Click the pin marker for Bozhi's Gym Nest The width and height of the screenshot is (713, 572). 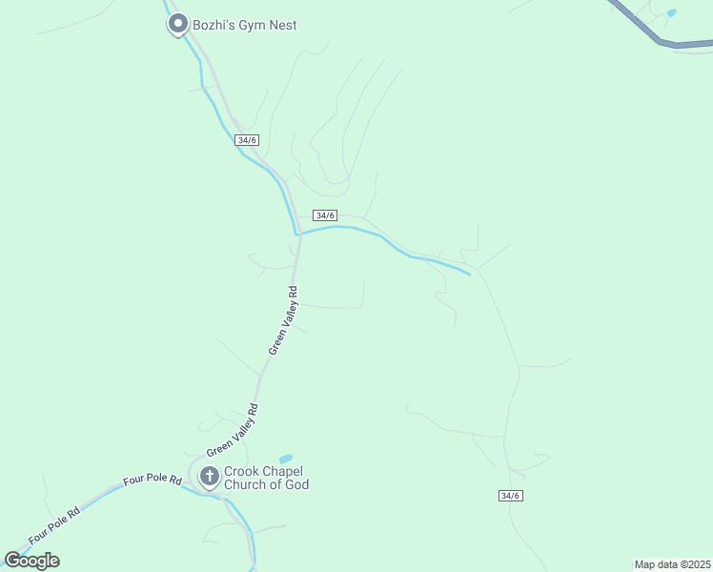pos(176,24)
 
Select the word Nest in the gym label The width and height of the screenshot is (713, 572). pos(281,25)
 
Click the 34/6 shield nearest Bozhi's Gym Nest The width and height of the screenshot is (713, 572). pos(248,139)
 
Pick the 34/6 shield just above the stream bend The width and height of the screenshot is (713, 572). pos(325,215)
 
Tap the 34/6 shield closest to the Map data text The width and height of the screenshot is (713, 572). pos(511,495)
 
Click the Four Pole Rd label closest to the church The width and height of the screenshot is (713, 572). pos(152,480)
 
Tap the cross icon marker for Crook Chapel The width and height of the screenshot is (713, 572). pos(209,476)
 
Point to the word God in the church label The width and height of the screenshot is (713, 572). pos(296,485)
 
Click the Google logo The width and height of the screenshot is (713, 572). pos(31,561)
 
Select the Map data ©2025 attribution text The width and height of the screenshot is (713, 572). pos(673,564)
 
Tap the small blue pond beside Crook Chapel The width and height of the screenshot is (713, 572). pos(285,459)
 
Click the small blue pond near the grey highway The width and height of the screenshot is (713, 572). pos(672,13)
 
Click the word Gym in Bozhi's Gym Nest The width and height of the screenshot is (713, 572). pos(251,25)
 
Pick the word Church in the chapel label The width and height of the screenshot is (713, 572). pos(245,485)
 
